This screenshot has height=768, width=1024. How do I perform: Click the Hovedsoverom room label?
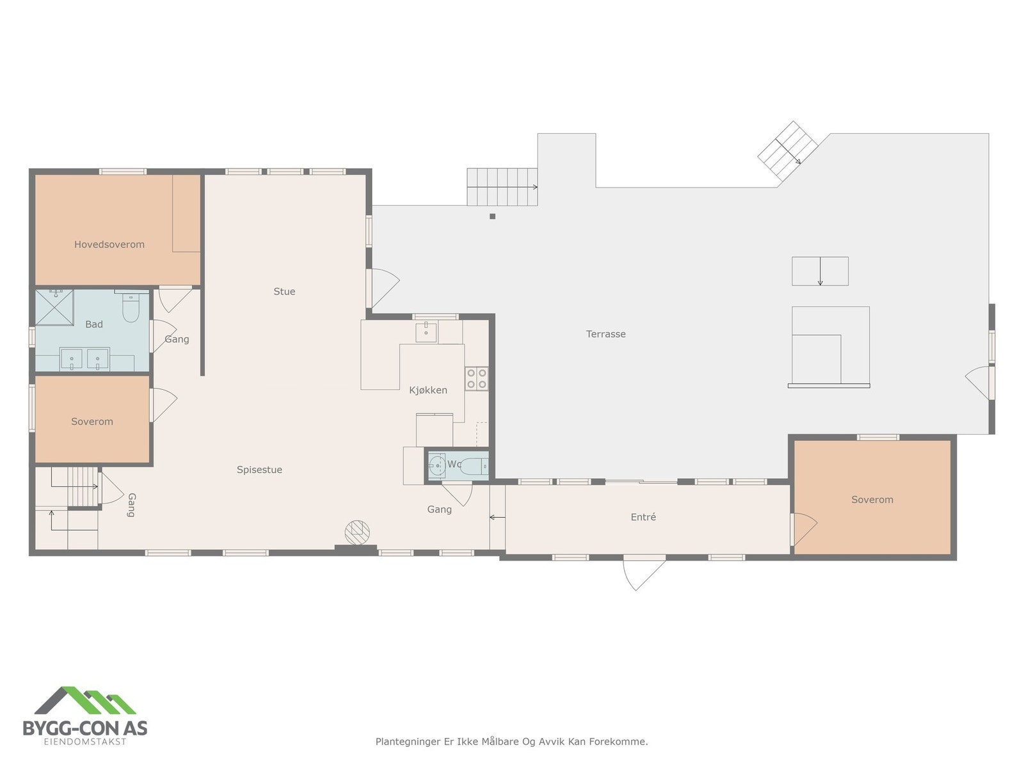tap(109, 244)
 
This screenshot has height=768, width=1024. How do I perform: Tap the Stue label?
tap(284, 292)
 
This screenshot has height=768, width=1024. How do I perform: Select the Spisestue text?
tap(259, 470)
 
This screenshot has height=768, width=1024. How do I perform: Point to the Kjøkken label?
tap(428, 390)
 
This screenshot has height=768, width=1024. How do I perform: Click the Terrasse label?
tap(605, 334)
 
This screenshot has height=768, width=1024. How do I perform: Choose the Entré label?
tap(643, 517)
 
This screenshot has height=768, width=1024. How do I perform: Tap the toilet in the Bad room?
tap(131, 308)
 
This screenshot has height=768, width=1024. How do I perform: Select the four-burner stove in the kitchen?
tap(476, 378)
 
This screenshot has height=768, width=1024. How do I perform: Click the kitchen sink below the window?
tap(426, 332)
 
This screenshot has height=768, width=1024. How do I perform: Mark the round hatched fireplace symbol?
tap(358, 532)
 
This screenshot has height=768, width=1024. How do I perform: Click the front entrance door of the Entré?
tap(644, 572)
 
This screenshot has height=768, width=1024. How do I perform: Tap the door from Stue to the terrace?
tap(384, 287)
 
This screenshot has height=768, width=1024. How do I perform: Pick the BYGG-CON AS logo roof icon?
tap(85, 701)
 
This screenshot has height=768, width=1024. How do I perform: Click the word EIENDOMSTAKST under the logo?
tap(84, 742)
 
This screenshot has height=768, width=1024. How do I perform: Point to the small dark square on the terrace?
tap(492, 216)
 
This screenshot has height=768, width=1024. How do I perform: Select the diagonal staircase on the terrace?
tap(788, 150)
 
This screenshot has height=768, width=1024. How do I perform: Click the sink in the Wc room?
tap(438, 465)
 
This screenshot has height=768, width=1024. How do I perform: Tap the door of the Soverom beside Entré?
tap(804, 529)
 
